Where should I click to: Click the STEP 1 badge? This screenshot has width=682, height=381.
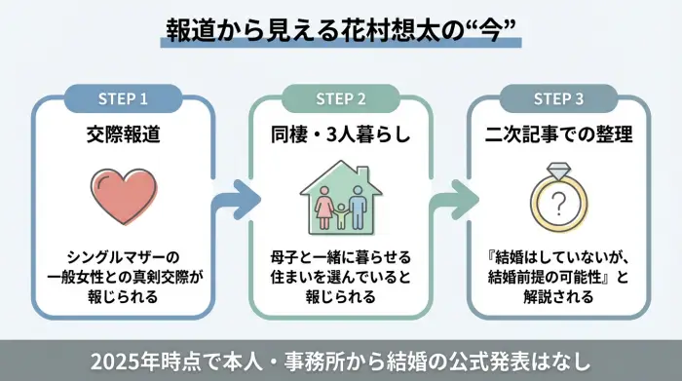point(123,98)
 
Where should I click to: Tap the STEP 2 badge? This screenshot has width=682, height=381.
point(341,98)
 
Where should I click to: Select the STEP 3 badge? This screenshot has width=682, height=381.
point(558,98)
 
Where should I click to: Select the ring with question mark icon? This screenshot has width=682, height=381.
point(559,200)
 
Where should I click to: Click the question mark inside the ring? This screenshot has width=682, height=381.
point(559,207)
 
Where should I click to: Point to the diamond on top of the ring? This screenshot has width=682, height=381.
point(559,171)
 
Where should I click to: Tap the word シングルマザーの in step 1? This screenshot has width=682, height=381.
point(123,256)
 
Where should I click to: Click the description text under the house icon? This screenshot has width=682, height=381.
point(341,277)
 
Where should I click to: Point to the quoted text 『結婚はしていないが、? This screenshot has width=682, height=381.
point(559,256)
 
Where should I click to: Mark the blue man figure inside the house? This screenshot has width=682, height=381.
point(358,204)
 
